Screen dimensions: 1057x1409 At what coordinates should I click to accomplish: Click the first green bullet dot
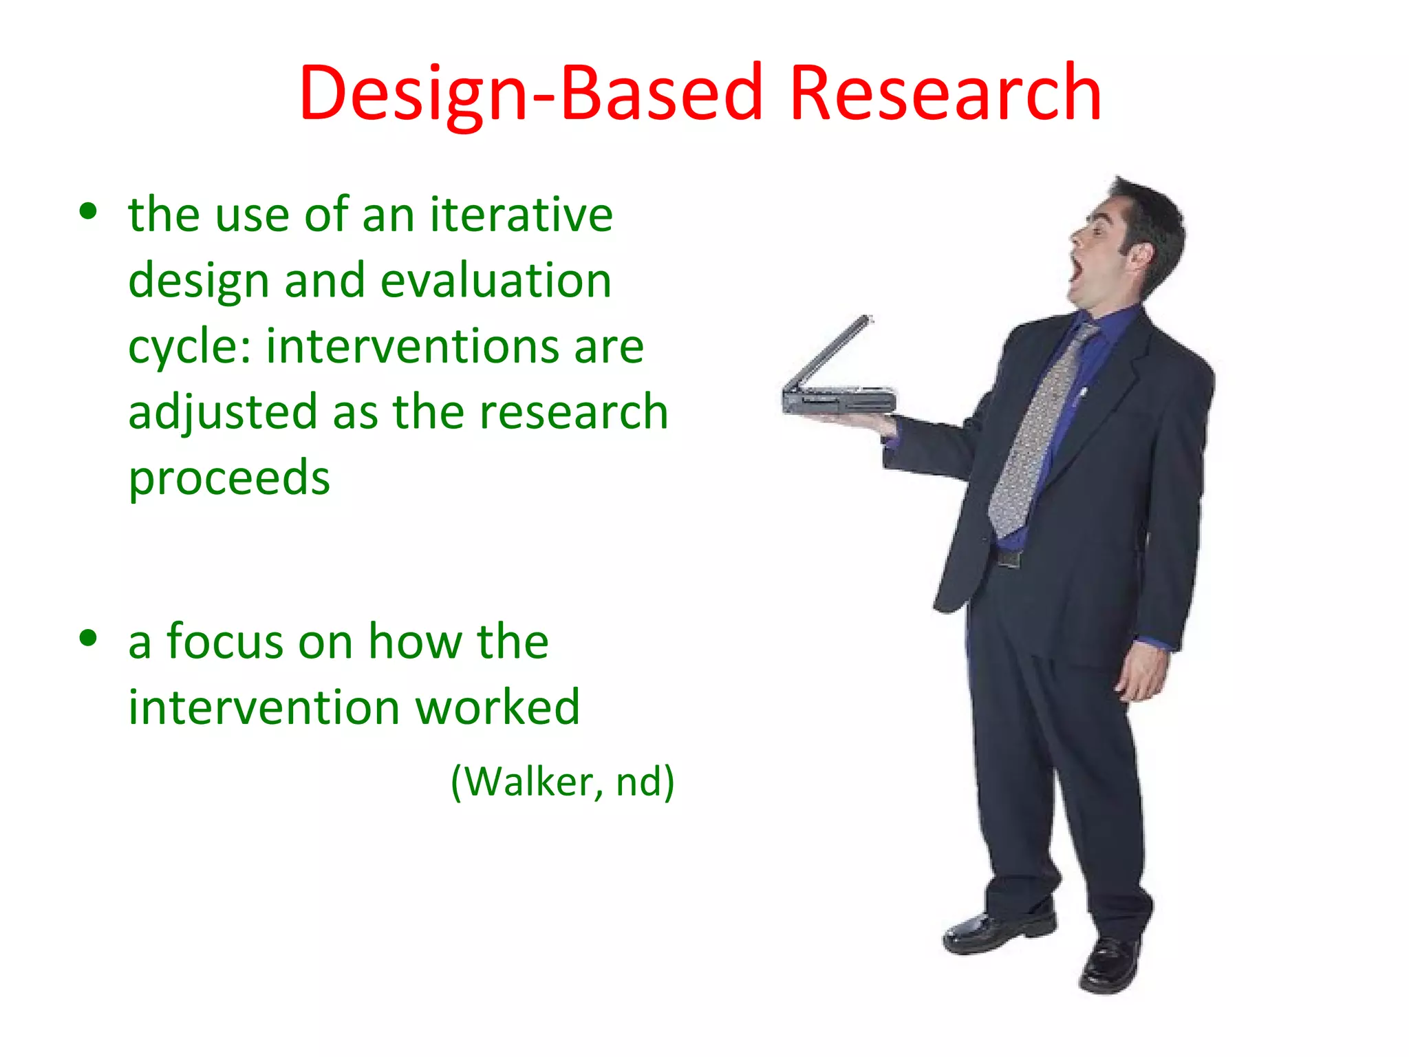click(88, 211)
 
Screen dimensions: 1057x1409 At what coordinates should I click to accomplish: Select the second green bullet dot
click(88, 638)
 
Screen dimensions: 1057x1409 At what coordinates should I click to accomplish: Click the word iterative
click(521, 215)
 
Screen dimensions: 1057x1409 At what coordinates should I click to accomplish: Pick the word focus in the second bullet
click(226, 641)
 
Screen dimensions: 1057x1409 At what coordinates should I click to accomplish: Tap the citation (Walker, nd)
click(562, 782)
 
